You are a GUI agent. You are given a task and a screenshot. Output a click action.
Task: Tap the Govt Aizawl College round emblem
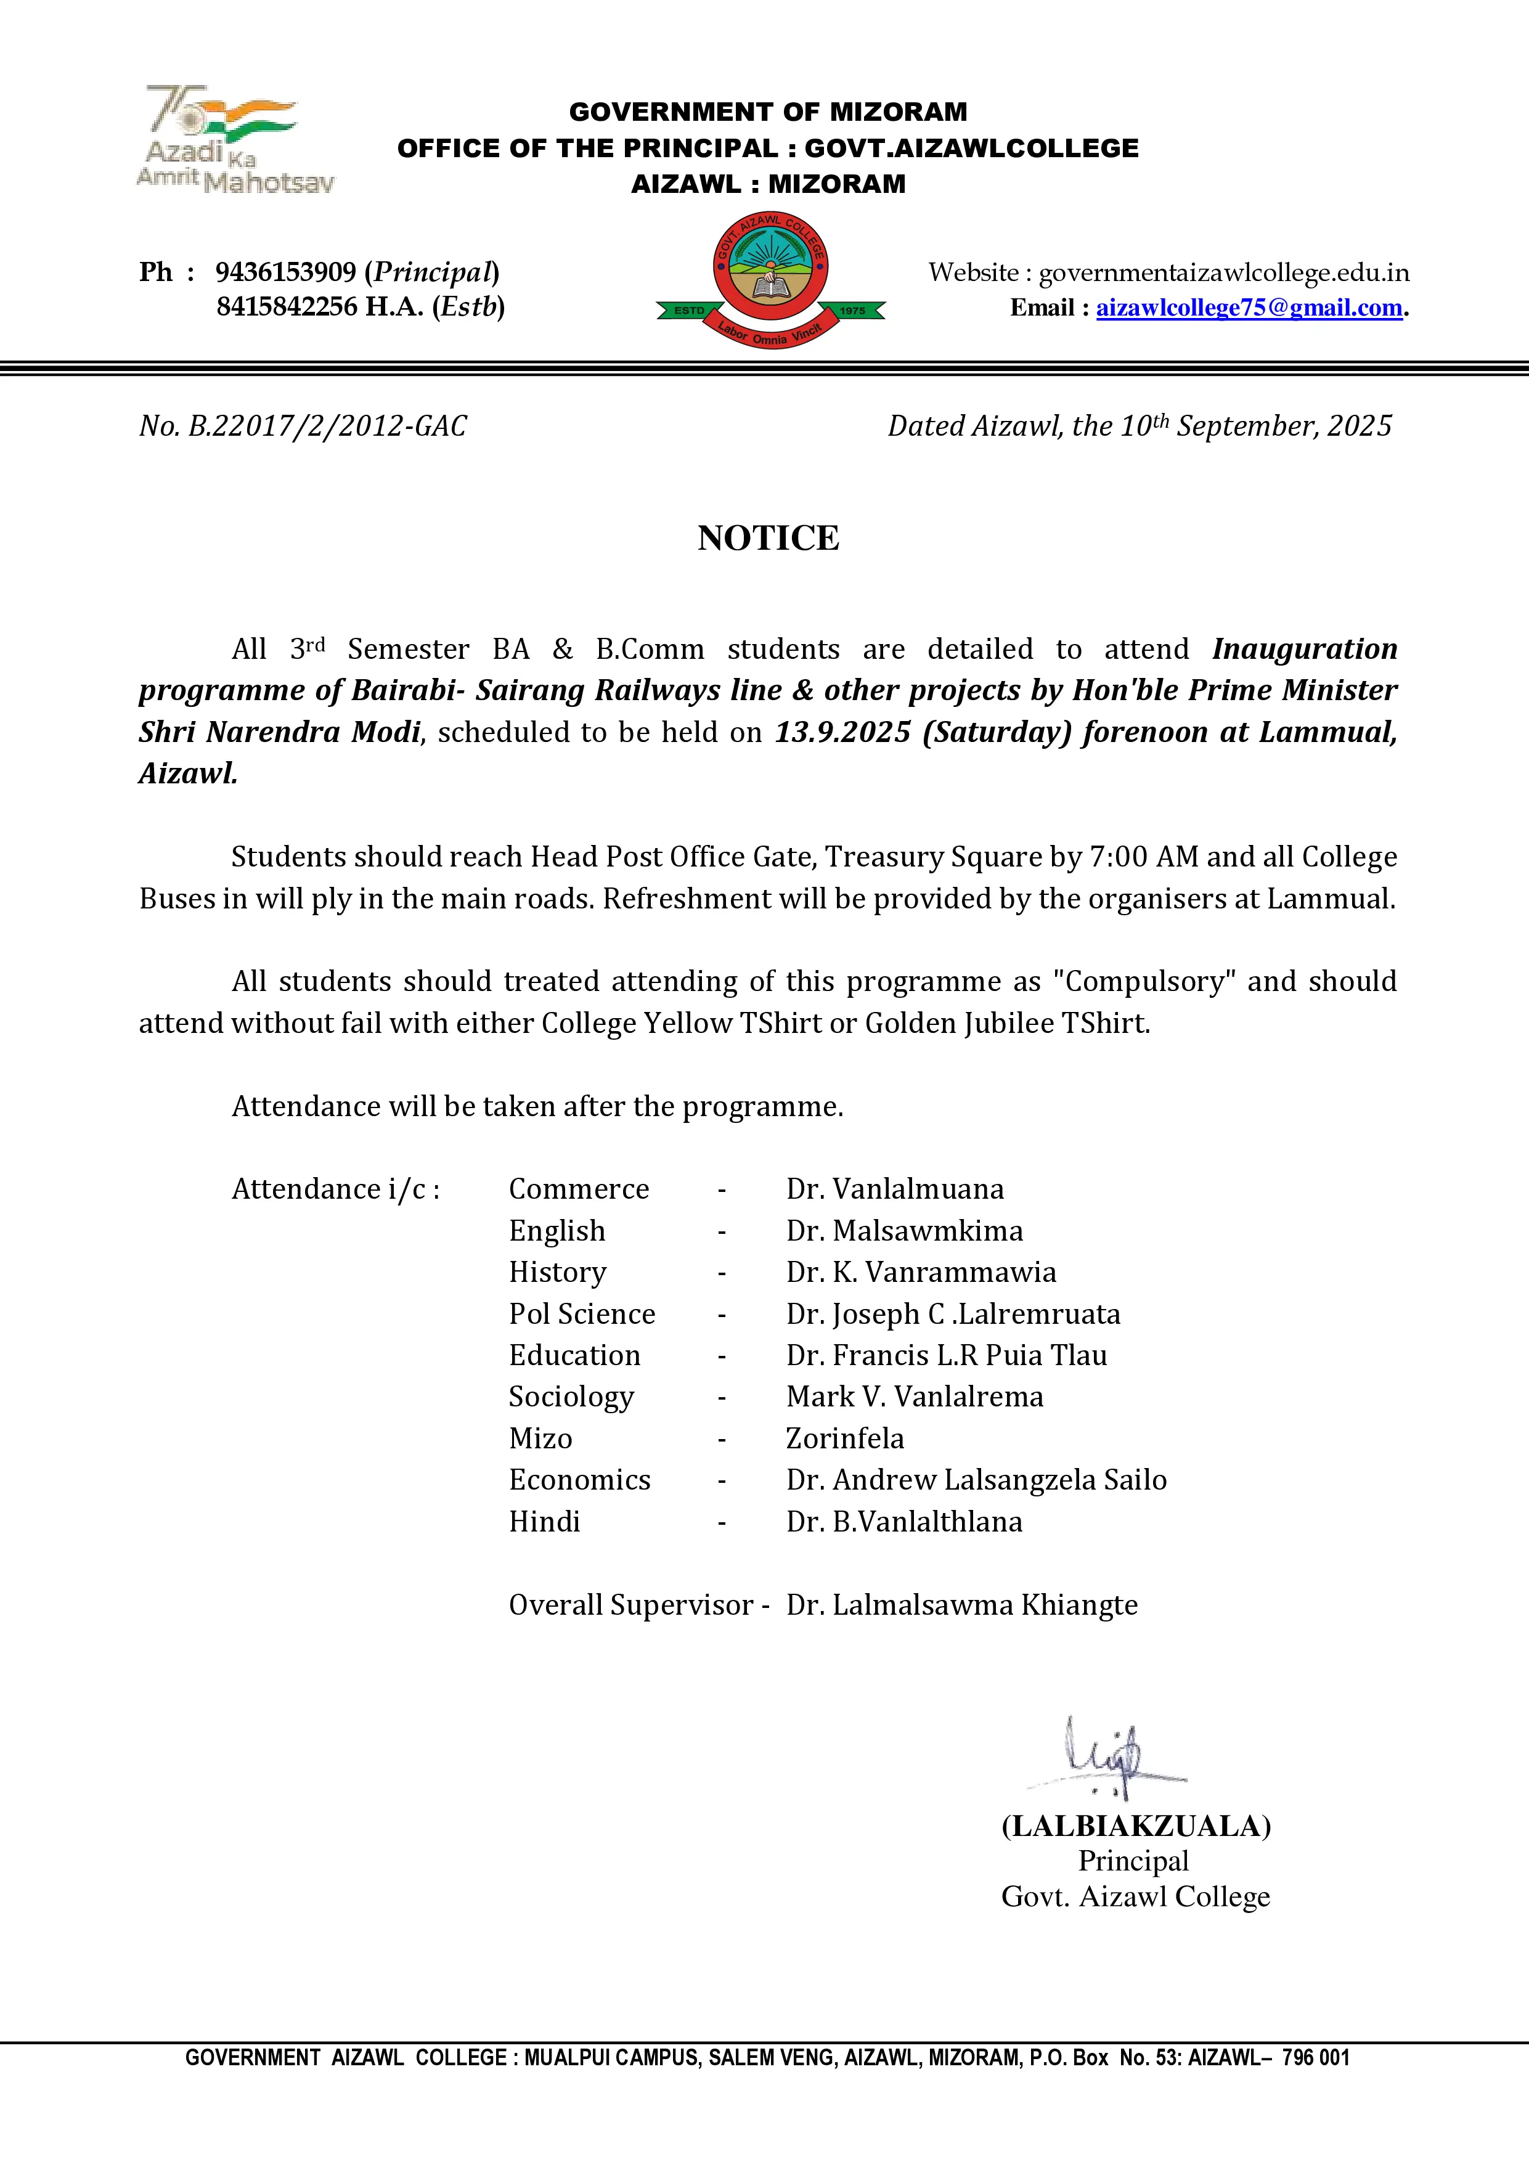770,280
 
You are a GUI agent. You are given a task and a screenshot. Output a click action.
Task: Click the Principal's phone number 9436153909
285,272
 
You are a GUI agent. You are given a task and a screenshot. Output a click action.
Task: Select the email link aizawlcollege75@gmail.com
1249,308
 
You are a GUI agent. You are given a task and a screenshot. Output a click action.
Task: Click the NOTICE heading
769,537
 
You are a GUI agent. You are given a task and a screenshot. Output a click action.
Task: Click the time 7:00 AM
1143,857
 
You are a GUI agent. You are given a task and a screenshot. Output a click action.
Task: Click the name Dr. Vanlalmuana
894,1189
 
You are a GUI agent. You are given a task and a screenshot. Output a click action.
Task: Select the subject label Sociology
571,1397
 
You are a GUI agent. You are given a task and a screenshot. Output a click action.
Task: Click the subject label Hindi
544,1521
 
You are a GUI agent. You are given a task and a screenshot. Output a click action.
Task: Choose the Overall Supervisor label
631,1604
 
